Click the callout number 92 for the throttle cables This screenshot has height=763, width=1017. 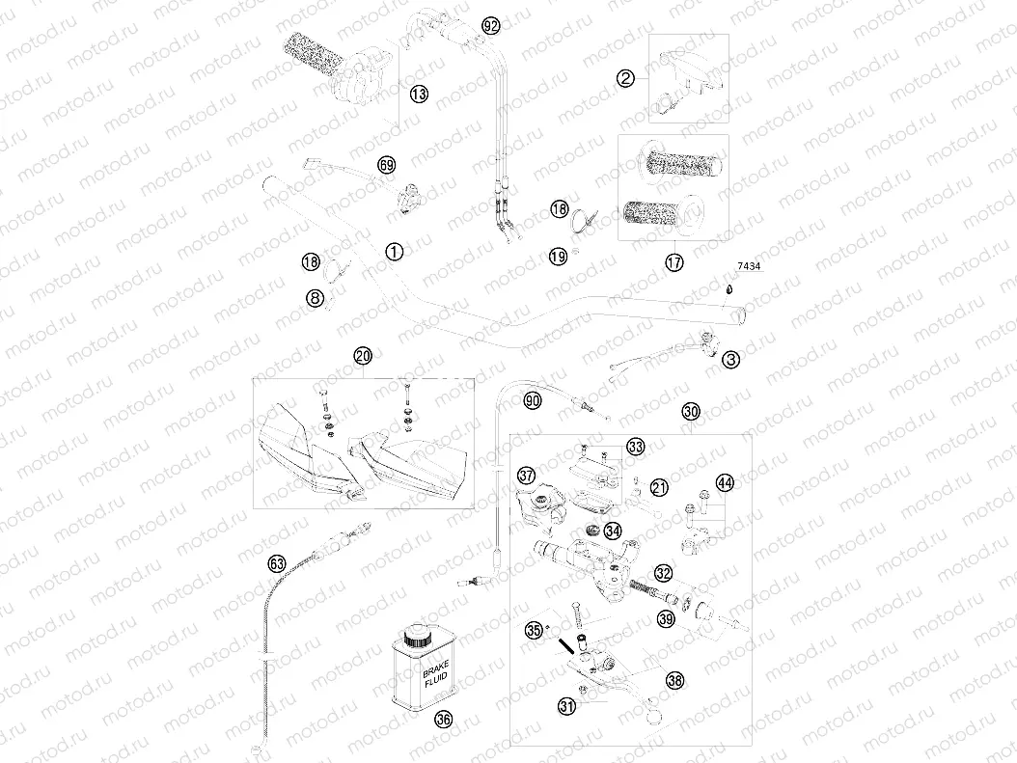pyautogui.click(x=491, y=26)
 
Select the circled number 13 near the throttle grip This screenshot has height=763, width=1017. pyautogui.click(x=418, y=93)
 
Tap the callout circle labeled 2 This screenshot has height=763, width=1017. pyautogui.click(x=626, y=79)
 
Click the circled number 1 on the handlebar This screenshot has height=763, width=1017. pyautogui.click(x=393, y=251)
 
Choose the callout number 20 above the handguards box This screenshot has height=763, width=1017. pyautogui.click(x=362, y=356)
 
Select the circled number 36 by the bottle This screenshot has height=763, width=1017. pyautogui.click(x=443, y=718)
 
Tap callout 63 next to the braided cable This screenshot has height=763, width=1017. pyautogui.click(x=277, y=562)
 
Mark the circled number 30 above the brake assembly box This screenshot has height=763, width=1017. pyautogui.click(x=690, y=412)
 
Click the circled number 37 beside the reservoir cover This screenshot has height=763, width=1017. pyautogui.click(x=526, y=475)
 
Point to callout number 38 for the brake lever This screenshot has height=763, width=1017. pyautogui.click(x=674, y=679)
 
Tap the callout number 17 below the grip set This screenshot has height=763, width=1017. pyautogui.click(x=673, y=261)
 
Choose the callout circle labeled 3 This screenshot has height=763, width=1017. pyautogui.click(x=731, y=359)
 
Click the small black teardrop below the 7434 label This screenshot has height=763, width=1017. pyautogui.click(x=730, y=287)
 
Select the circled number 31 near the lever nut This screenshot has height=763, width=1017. pyautogui.click(x=566, y=706)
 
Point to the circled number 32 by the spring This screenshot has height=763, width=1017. pyautogui.click(x=662, y=573)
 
